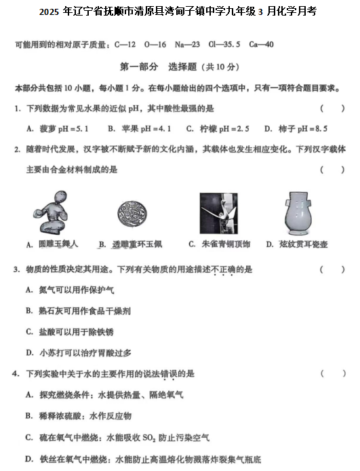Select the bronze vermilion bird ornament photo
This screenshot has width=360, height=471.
pyautogui.click(x=218, y=212)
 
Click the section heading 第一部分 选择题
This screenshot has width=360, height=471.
pyautogui.click(x=179, y=67)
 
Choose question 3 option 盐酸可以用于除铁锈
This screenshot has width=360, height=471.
pyautogui.click(x=75, y=332)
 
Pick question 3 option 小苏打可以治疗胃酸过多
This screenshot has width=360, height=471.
pyautogui.click(x=79, y=352)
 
